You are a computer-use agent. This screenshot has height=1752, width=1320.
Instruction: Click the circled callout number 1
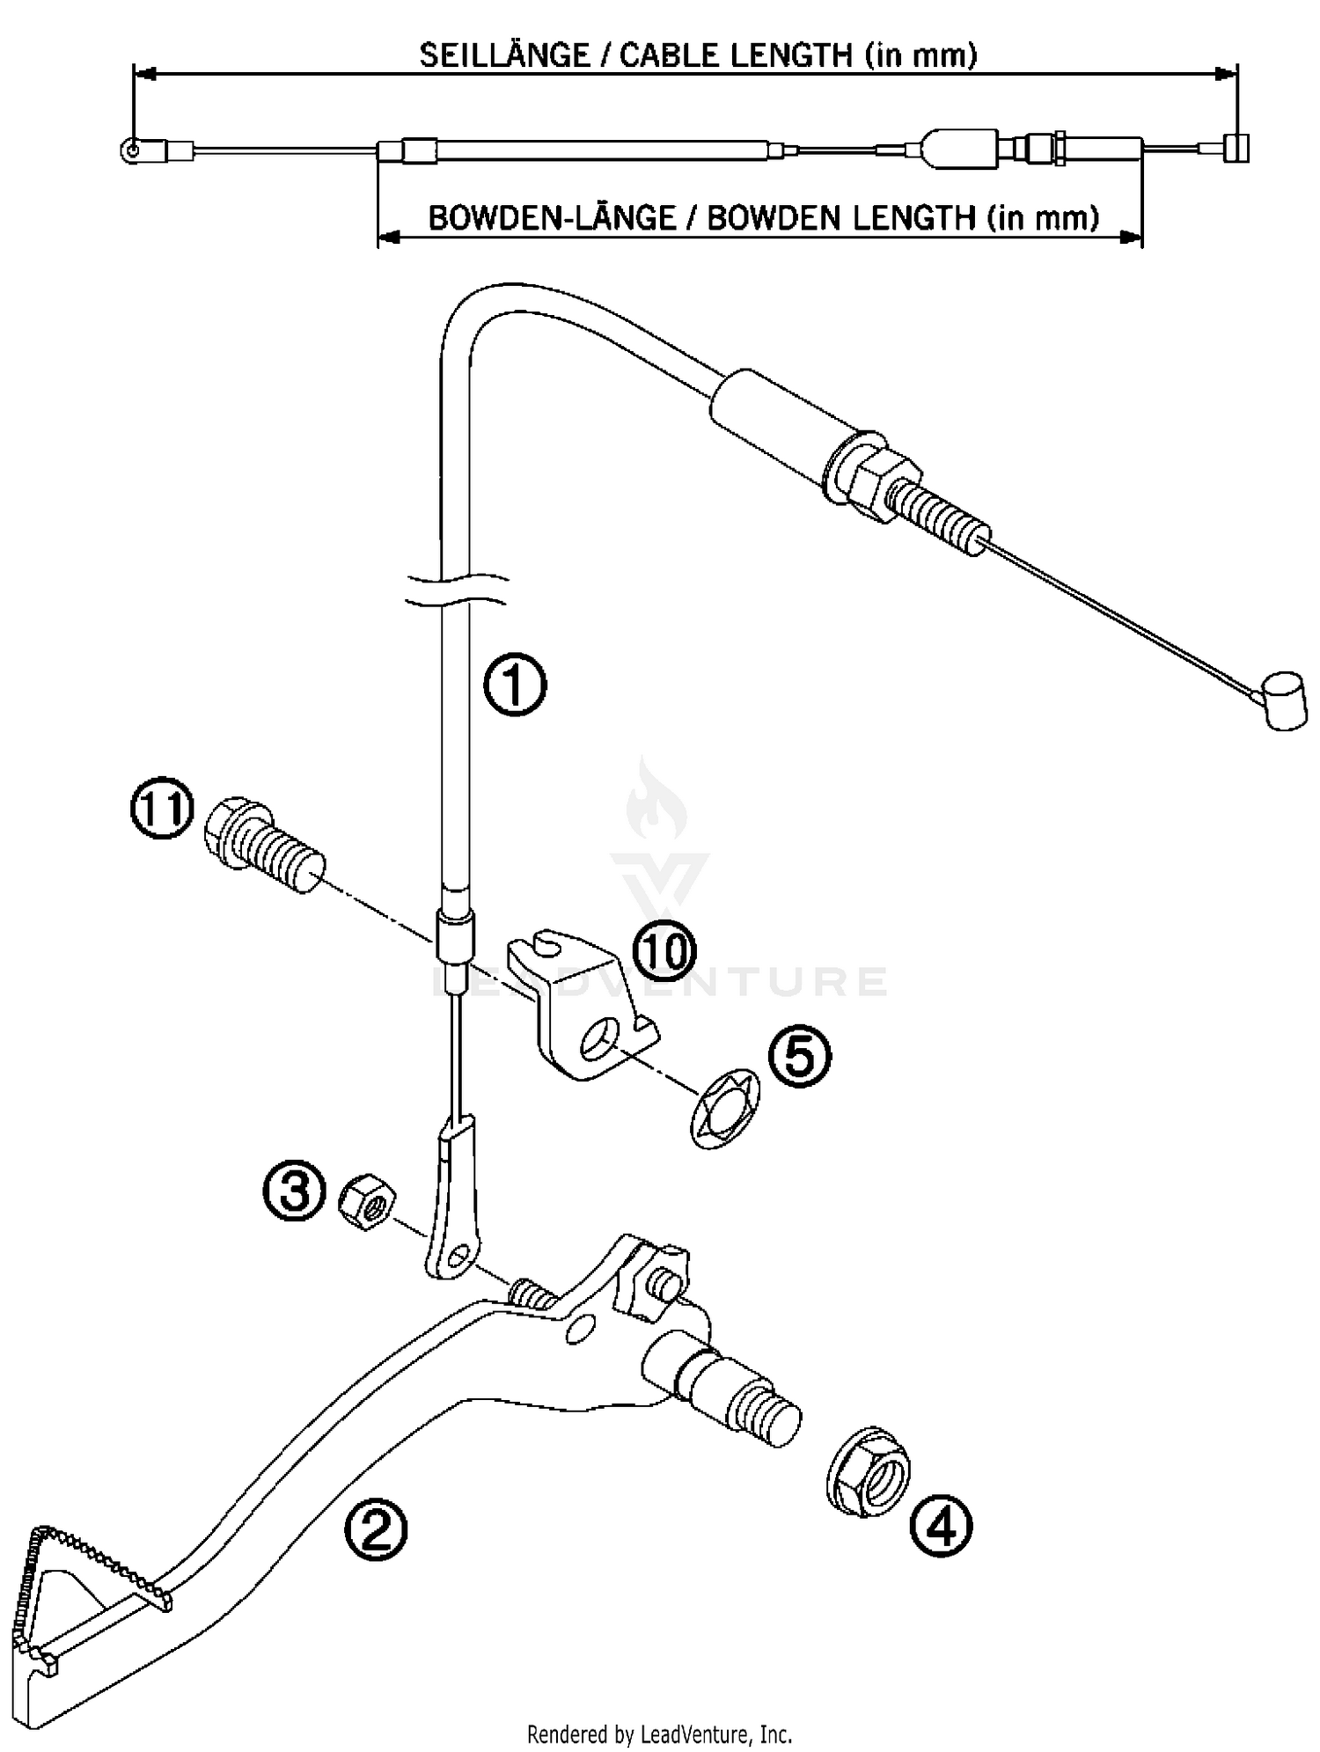515,684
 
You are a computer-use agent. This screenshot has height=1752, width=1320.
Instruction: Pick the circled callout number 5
799,1056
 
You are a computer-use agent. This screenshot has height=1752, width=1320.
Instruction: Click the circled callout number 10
665,951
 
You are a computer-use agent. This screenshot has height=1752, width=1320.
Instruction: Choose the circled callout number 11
161,808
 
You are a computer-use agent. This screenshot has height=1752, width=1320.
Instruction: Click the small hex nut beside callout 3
367,1202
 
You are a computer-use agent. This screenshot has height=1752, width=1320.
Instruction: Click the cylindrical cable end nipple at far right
1286,701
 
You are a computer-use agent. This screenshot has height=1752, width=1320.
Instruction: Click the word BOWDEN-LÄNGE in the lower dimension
551,217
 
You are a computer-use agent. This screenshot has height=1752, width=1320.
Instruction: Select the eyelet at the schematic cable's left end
130,150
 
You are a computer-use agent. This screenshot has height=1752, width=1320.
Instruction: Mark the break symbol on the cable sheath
455,590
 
